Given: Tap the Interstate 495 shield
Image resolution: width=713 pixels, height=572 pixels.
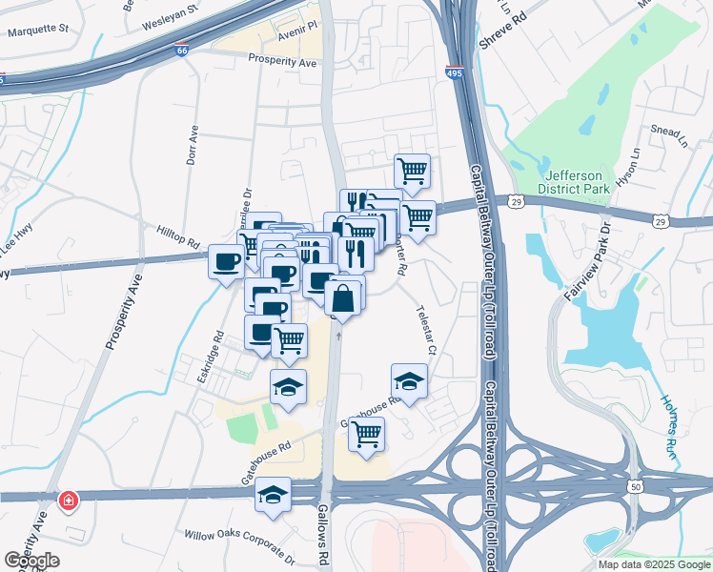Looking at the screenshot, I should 456,71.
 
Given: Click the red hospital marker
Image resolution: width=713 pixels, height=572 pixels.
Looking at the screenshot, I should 69,500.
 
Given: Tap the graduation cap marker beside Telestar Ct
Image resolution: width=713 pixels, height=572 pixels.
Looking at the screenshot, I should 409,382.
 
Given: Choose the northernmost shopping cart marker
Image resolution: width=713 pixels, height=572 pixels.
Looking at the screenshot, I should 412,173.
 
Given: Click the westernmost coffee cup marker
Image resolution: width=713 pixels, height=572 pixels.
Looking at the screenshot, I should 226,261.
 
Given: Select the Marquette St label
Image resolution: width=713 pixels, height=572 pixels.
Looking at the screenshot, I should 38,28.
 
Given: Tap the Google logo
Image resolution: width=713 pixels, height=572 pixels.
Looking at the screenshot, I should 31,560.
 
